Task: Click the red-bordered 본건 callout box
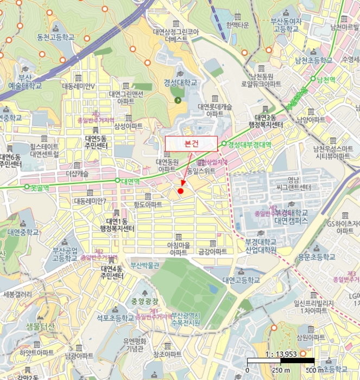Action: (191, 143)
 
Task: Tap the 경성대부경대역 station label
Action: (249, 144)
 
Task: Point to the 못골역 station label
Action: (40, 187)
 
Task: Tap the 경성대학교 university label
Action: (180, 83)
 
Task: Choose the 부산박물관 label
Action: (144, 265)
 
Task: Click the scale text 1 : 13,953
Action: (280, 353)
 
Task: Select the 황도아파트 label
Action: (148, 205)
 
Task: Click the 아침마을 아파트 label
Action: (179, 249)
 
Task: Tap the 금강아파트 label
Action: (212, 251)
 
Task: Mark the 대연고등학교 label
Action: (241, 280)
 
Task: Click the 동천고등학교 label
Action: (55, 37)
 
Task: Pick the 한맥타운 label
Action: (238, 24)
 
